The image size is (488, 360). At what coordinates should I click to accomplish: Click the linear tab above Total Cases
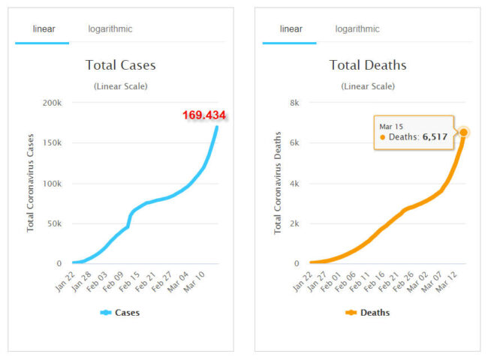[x=44, y=29]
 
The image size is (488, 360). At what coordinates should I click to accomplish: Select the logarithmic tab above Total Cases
[x=110, y=29]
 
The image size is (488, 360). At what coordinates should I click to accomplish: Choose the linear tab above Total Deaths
[x=291, y=29]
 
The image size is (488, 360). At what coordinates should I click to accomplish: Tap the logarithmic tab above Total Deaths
[x=357, y=29]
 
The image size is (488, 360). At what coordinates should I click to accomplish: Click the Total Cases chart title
[x=121, y=65]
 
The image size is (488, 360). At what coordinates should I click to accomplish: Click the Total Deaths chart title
[x=368, y=65]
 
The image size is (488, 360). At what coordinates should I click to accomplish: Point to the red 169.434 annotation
[x=204, y=115]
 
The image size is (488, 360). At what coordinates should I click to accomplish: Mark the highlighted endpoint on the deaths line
[x=464, y=132]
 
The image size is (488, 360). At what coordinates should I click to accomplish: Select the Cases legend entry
[x=121, y=313]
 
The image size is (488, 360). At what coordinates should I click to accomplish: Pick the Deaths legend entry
[x=368, y=313]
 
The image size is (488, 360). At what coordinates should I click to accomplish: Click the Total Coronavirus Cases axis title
[x=31, y=183]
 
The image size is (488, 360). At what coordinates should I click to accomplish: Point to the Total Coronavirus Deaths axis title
[x=278, y=183]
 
